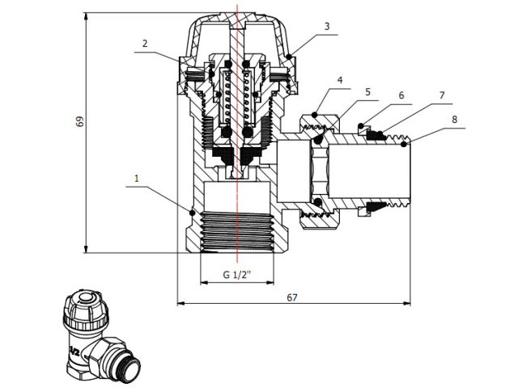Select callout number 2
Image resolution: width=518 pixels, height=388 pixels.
coord(144,44)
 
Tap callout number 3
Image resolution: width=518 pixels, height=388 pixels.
coord(327,27)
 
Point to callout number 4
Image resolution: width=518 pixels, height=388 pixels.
coord(340,80)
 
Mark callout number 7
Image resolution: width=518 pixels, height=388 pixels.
coord(442,95)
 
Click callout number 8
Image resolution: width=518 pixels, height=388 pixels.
coord(454,119)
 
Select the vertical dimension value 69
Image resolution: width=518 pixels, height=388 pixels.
coord(79,121)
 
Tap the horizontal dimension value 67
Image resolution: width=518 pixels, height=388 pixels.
coord(292,297)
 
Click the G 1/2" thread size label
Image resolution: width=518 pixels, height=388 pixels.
coord(237,275)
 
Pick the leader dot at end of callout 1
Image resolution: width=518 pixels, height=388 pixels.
coord(192,212)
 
